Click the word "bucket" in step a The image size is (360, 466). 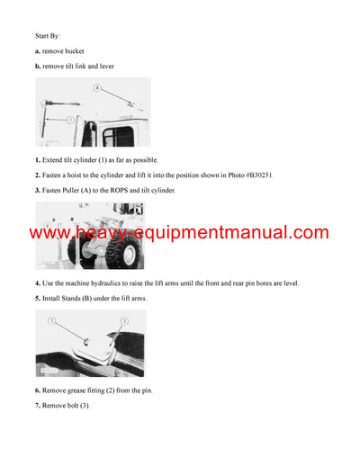click(x=72, y=51)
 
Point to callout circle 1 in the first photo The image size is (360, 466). click(x=41, y=120)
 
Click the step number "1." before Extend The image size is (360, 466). click(x=38, y=159)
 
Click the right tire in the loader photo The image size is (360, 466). click(x=126, y=252)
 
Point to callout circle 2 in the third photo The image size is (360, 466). click(x=53, y=320)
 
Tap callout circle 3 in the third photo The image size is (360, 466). click(x=124, y=320)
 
